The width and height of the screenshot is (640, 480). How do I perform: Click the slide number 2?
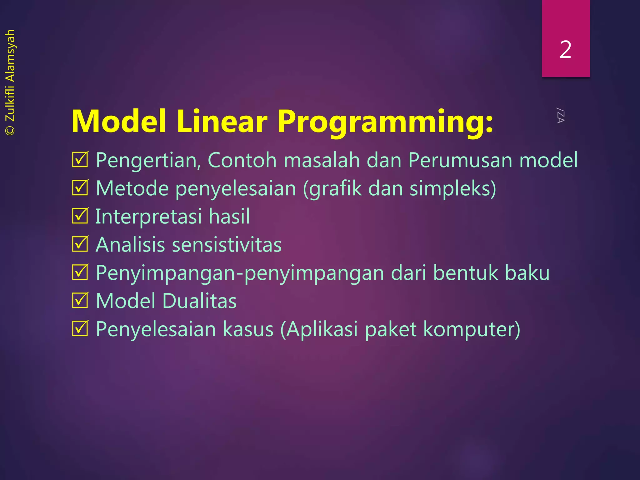pos(565,50)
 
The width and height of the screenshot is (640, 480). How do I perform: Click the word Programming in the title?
pos(385,122)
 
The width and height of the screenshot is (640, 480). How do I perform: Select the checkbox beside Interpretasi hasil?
pos(80,216)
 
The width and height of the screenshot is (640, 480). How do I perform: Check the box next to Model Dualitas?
pos(80,300)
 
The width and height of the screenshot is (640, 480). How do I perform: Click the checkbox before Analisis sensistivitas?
pos(80,244)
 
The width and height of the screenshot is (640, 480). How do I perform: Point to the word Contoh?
pos(242,160)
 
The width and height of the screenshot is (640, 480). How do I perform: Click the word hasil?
pos(229,216)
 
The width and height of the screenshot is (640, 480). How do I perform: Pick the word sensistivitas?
pos(227,245)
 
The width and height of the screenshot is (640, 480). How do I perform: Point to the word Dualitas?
pos(199,301)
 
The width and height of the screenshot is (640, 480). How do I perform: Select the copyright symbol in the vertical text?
pos(10,130)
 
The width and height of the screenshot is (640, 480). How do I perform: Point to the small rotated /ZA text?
pos(560,115)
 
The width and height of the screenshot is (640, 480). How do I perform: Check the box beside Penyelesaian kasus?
pos(80,328)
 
